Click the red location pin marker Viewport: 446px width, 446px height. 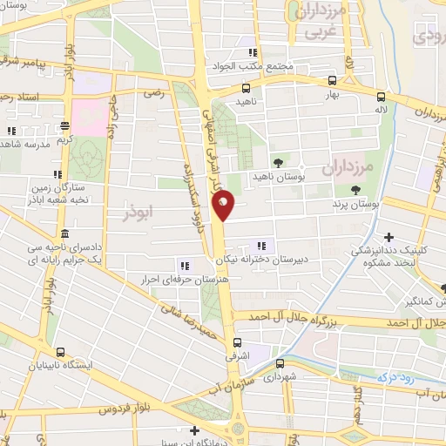coord(224,206)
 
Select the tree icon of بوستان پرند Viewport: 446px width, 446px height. coord(355,190)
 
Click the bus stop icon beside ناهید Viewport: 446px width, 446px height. coord(247,88)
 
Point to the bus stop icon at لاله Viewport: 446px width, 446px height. coord(381,97)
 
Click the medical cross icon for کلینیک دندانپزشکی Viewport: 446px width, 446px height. coord(388,237)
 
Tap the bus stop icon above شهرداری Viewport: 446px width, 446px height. coord(278,362)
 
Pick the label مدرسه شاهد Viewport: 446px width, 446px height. coord(35,144)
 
